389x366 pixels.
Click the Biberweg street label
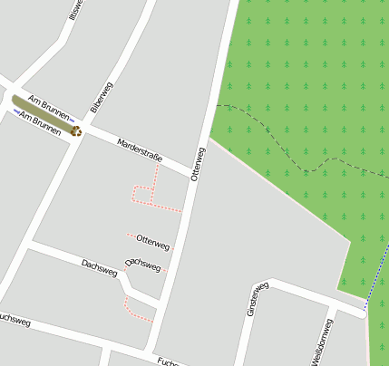coord(101,97)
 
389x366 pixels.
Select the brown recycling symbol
coord(77,131)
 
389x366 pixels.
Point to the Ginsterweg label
coord(258,299)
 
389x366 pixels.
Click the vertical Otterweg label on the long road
coord(199,164)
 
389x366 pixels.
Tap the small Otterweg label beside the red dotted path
coord(152,242)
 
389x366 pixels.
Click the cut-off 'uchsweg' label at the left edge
coord(15,320)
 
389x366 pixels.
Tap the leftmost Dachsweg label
coord(99,267)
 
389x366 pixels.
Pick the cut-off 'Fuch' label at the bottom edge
coord(166,361)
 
